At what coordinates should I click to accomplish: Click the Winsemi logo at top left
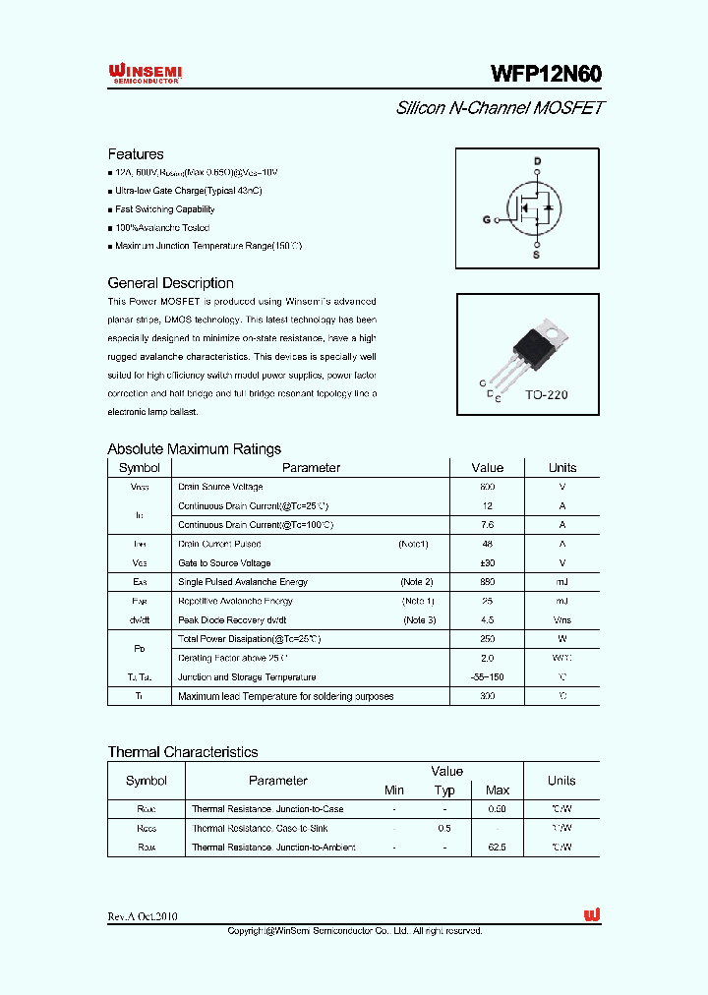[x=145, y=74]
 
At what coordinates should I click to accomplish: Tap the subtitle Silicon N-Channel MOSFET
[x=499, y=107]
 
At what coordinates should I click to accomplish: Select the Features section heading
[x=136, y=154]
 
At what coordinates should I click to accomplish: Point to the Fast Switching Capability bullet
[x=164, y=209]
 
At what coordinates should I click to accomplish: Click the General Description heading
[x=170, y=283]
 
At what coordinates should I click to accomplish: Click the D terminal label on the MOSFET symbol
[x=537, y=161]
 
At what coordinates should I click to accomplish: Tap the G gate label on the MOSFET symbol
[x=486, y=220]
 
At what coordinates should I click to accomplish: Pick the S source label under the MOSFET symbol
[x=537, y=255]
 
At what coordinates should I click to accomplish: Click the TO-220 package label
[x=546, y=394]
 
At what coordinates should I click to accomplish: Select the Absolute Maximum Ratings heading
[x=194, y=449]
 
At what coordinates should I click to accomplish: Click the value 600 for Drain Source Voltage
[x=487, y=487]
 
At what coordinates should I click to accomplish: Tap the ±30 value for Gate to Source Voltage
[x=487, y=563]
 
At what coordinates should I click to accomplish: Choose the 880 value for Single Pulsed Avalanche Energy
[x=487, y=582]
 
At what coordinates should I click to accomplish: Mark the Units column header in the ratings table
[x=561, y=468]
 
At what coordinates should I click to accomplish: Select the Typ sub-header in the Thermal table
[x=444, y=790]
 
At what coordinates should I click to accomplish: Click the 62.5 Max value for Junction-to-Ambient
[x=498, y=848]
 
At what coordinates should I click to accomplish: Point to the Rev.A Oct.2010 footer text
[x=143, y=916]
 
